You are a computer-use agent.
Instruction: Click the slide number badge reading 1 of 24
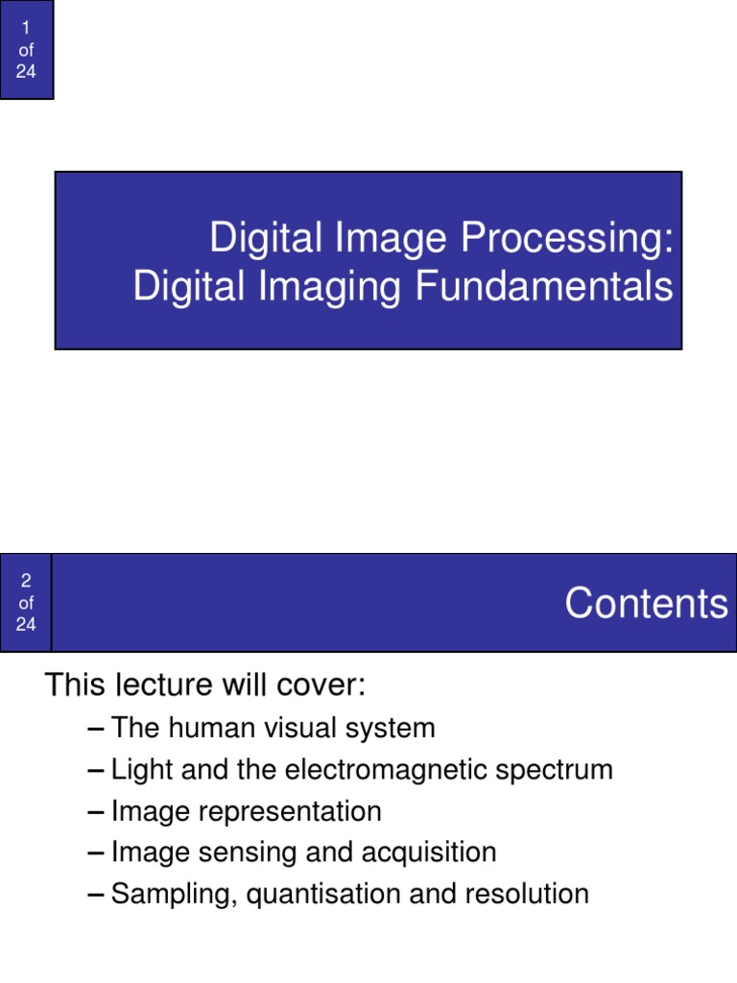coord(26,50)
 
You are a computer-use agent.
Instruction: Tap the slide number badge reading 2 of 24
coord(26,603)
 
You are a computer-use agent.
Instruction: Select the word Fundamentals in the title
coord(545,287)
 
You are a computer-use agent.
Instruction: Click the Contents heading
coord(646,604)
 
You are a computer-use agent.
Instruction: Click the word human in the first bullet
coord(196,729)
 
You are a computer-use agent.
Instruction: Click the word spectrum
coord(560,770)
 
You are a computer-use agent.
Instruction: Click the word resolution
coord(527,894)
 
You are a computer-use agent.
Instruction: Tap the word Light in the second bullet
coord(137,770)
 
